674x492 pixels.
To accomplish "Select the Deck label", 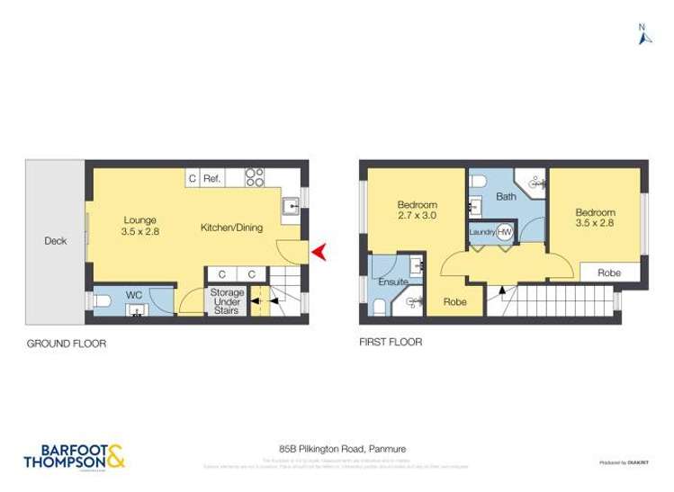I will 55,241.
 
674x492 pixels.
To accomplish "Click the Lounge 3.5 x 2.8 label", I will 139,226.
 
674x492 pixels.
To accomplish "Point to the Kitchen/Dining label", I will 231,228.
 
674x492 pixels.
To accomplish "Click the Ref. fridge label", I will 212,179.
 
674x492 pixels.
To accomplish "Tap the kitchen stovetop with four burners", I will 256,178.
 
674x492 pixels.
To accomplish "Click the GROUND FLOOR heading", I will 67,343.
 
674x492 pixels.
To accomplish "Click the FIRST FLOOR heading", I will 391,343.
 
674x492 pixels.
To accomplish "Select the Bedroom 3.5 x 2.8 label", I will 596,219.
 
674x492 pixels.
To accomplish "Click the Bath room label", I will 505,195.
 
